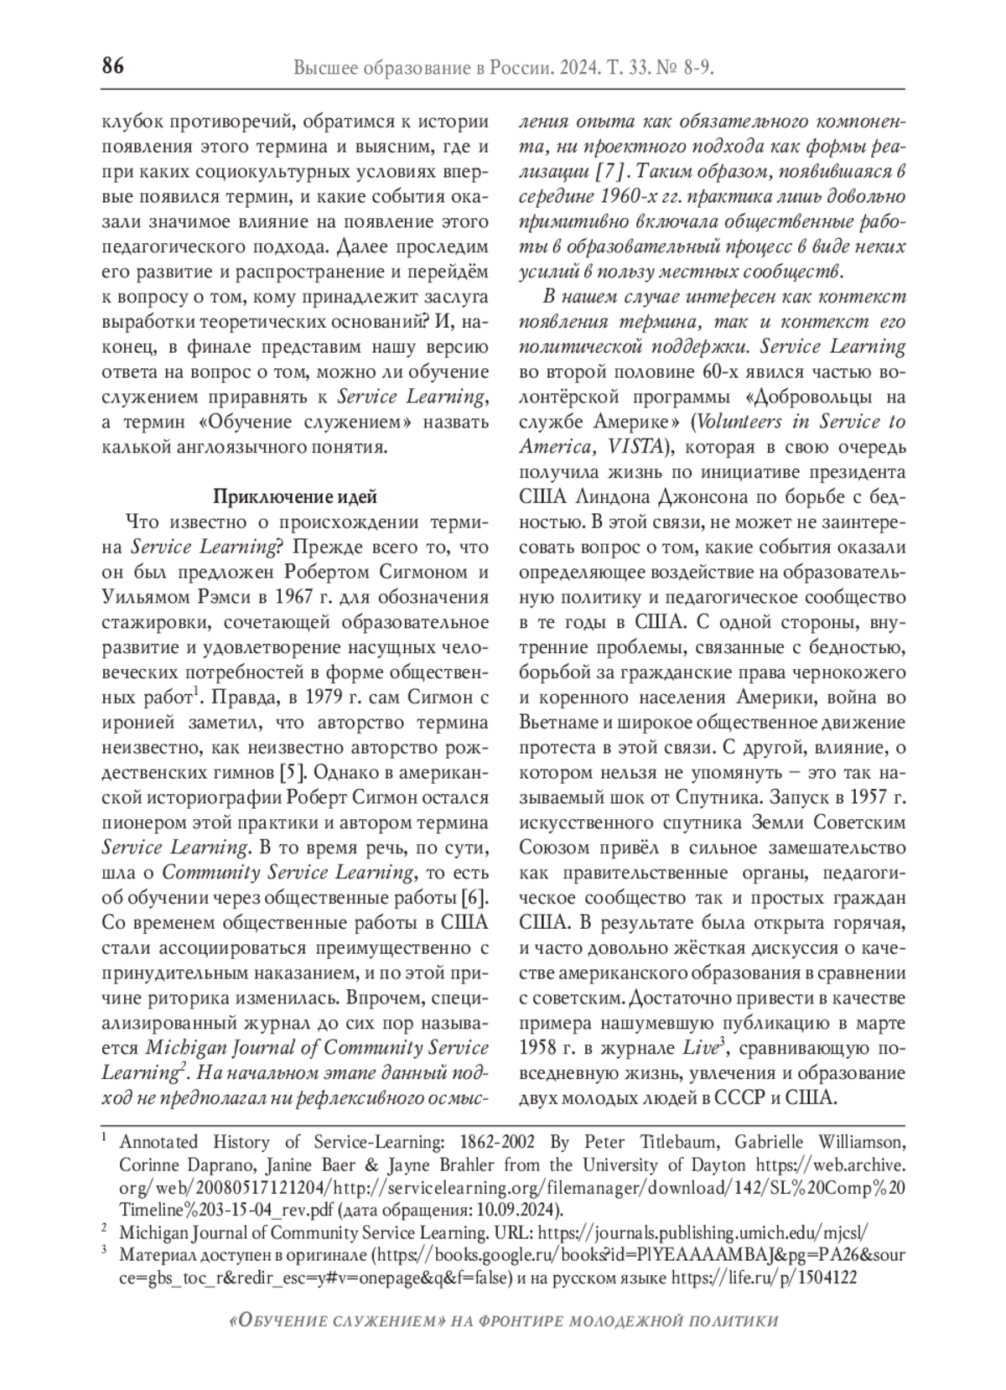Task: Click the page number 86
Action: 112,65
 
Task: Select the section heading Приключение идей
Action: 294,496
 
